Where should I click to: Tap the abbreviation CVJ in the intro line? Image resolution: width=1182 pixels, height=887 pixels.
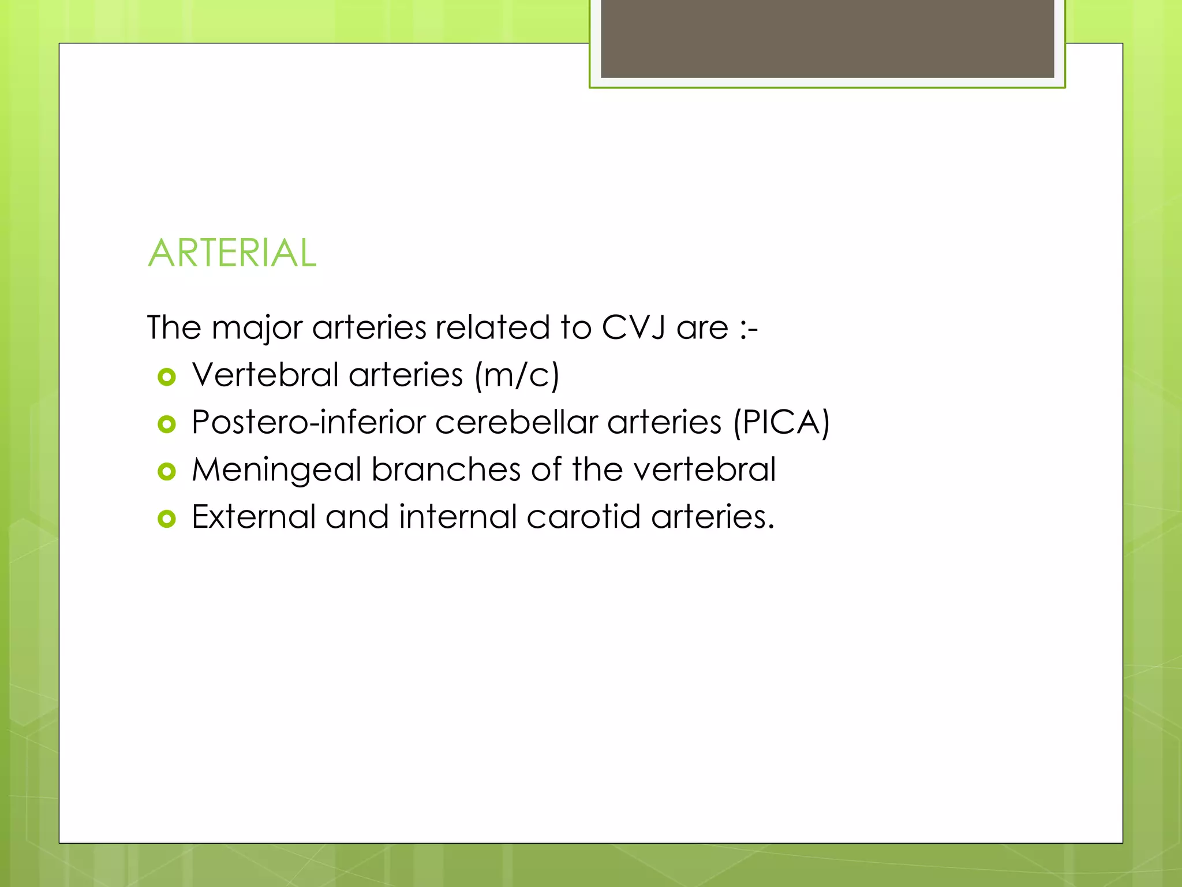(634, 327)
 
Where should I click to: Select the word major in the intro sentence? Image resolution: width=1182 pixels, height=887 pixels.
(257, 327)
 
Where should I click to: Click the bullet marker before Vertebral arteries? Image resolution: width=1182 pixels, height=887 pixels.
(166, 377)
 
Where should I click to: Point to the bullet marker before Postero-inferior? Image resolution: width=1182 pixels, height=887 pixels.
(166, 424)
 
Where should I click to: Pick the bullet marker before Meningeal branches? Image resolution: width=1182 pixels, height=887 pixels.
(166, 472)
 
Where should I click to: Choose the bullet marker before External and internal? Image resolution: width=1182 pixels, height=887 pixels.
(166, 519)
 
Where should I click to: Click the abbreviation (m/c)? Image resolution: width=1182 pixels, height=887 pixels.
(517, 375)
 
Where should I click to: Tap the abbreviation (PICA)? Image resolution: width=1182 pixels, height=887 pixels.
(781, 423)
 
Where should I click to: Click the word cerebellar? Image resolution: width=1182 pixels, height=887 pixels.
(516, 422)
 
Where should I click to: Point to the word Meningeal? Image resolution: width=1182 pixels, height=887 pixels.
(276, 469)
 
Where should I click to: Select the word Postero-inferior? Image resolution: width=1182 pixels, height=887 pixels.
(309, 422)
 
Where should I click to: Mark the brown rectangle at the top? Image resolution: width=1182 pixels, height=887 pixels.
(827, 38)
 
